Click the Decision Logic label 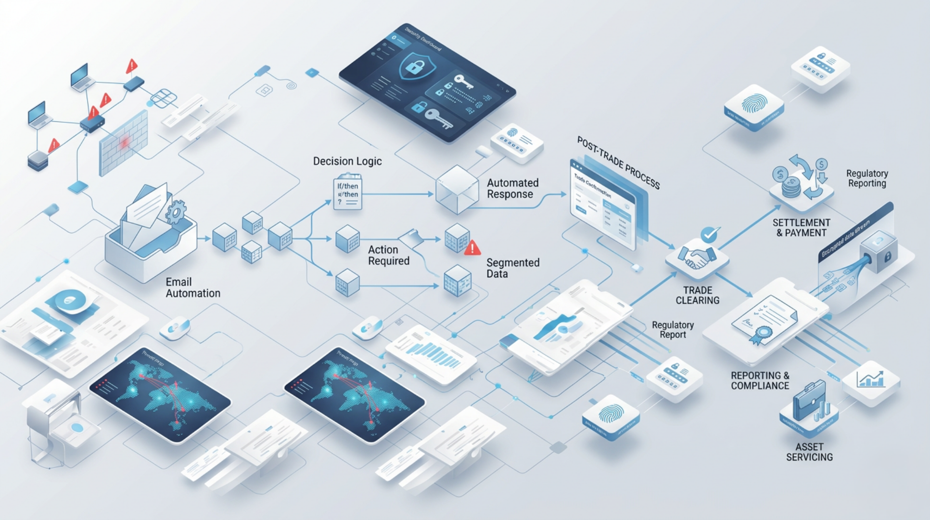pyautogui.click(x=347, y=161)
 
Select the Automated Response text pyautogui.click(x=512, y=188)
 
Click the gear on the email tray pyautogui.click(x=176, y=212)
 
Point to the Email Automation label pyautogui.click(x=193, y=287)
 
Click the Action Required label pyautogui.click(x=388, y=255)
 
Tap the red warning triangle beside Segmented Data pyautogui.click(x=472, y=248)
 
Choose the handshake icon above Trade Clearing pyautogui.click(x=697, y=258)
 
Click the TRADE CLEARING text pyautogui.click(x=697, y=295)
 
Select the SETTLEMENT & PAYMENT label pyautogui.click(x=801, y=228)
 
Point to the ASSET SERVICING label pyautogui.click(x=809, y=452)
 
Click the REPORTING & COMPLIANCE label pyautogui.click(x=760, y=380)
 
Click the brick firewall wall pyautogui.click(x=123, y=142)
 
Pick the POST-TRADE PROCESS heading pyautogui.click(x=618, y=163)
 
